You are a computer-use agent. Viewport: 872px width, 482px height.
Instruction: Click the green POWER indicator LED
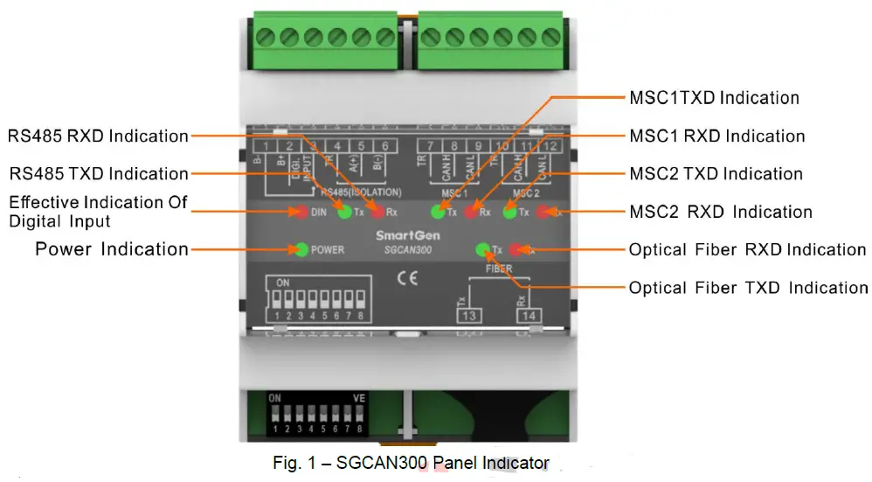301,250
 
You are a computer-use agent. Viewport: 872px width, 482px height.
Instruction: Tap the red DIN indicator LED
300,212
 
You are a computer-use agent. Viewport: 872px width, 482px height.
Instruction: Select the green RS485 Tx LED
344,212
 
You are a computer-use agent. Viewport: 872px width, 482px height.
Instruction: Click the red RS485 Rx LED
377,212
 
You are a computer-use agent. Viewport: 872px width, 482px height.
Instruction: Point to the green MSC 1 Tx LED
437,212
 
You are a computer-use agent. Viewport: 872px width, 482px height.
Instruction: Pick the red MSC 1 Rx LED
472,212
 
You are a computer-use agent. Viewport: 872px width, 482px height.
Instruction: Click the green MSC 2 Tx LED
509,212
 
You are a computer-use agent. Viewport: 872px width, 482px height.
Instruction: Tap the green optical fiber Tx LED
482,250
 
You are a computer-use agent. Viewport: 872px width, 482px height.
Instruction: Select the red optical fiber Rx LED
516,250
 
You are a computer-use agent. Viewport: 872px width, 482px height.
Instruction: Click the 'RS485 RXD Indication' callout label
98,136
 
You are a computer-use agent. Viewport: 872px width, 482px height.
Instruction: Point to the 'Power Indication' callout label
112,249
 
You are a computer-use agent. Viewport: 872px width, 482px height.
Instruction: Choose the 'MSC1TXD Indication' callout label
714,98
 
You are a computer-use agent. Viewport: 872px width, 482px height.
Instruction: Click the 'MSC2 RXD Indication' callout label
721,212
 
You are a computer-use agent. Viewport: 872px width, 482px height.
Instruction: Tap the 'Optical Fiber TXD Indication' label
748,288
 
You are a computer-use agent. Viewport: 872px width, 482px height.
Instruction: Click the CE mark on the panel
407,281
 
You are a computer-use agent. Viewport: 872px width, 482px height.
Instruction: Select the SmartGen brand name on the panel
402,236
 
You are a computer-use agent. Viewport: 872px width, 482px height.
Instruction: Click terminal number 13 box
468,315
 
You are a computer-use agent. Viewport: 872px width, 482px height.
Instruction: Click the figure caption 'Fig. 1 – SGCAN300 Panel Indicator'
411,463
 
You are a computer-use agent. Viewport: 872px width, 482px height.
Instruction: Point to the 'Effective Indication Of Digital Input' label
98,212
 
